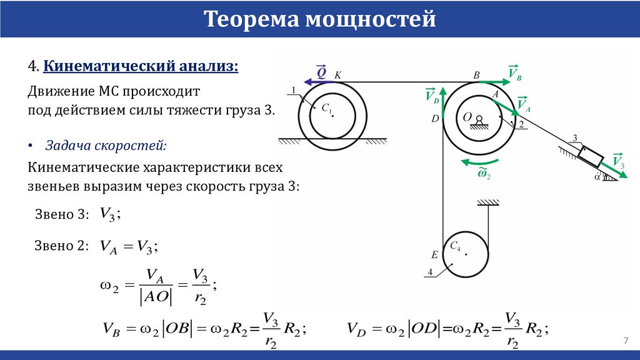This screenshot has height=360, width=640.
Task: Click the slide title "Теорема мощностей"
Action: pos(320,19)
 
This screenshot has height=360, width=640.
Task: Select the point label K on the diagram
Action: pos(338,75)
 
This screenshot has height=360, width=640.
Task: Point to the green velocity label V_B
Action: pos(515,73)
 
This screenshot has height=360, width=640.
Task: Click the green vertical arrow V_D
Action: pos(442,103)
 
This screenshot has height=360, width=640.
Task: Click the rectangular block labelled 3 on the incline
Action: pos(590,154)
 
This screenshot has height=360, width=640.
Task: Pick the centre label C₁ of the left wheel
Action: pos(326,109)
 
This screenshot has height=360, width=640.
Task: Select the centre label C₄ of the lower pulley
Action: pos(455,245)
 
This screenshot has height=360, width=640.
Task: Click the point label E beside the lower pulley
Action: pos(434,254)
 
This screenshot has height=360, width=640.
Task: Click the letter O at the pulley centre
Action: pos(467,117)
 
